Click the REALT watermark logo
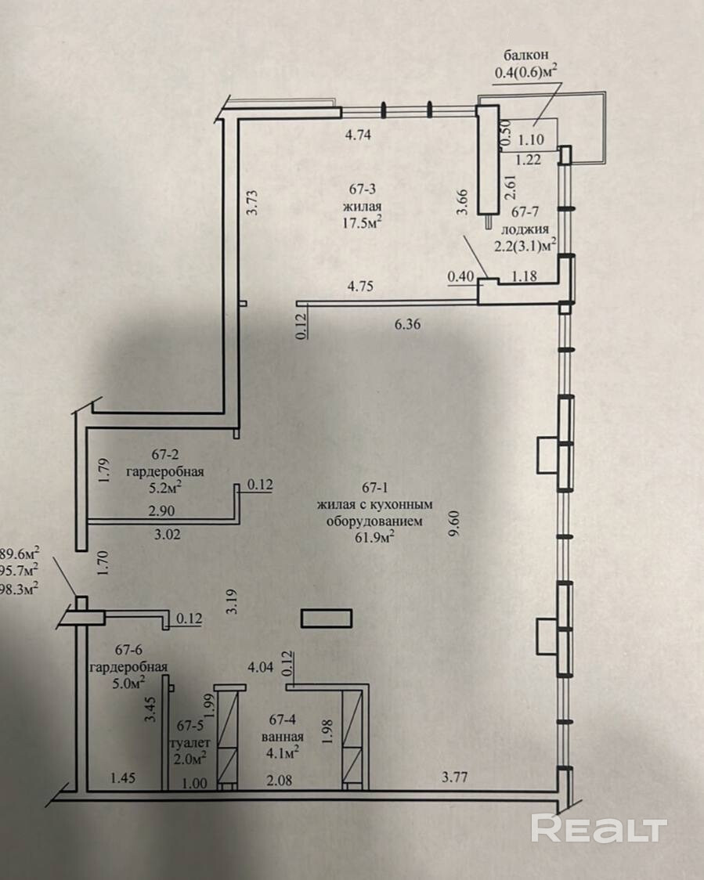click(599, 828)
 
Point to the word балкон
click(526, 55)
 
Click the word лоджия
click(525, 229)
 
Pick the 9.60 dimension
click(454, 522)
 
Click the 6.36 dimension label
click(407, 324)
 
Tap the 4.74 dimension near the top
click(358, 135)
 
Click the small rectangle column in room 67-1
click(327, 619)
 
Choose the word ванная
click(283, 736)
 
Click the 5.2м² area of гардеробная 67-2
click(164, 487)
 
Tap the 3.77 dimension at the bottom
click(454, 777)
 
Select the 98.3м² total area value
click(20, 588)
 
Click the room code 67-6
click(128, 650)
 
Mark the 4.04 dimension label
click(261, 667)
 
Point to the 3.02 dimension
click(168, 534)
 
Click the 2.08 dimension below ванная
click(279, 781)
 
